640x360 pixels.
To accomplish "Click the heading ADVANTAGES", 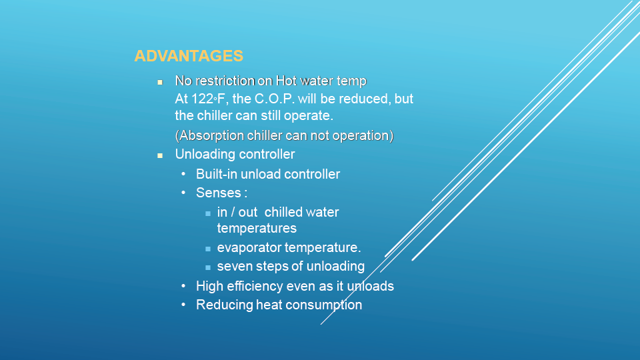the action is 189,56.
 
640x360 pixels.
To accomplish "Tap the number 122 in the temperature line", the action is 203,99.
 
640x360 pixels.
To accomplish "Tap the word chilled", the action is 283,212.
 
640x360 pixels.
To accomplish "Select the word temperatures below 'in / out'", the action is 257,228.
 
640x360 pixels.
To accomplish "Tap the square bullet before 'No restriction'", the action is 160,82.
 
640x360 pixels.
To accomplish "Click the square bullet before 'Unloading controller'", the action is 160,155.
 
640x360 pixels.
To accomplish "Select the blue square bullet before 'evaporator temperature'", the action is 208,249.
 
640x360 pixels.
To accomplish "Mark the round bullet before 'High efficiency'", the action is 183,286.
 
